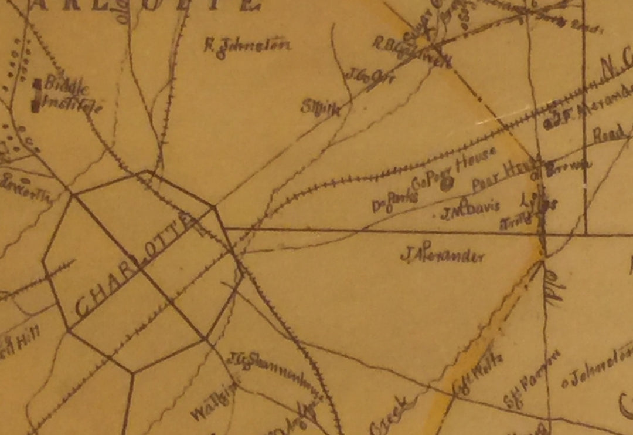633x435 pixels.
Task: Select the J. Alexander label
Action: pos(443,255)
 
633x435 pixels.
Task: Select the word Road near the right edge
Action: pos(609,134)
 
